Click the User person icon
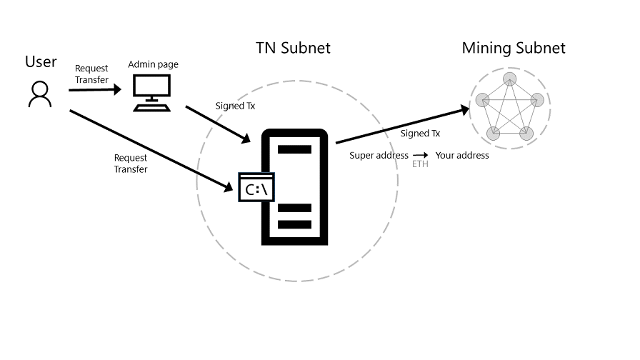pos(40,94)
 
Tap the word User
pos(41,62)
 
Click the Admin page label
pos(153,65)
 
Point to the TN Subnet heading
pos(293,49)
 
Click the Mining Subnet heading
pos(514,49)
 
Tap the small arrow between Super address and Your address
pos(421,155)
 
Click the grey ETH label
pos(420,164)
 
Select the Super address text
pos(379,155)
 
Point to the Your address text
pos(462,155)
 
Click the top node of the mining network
pos(509,78)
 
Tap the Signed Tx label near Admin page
pos(235,106)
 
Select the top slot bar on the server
pos(294,150)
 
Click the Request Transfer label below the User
pos(131,164)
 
